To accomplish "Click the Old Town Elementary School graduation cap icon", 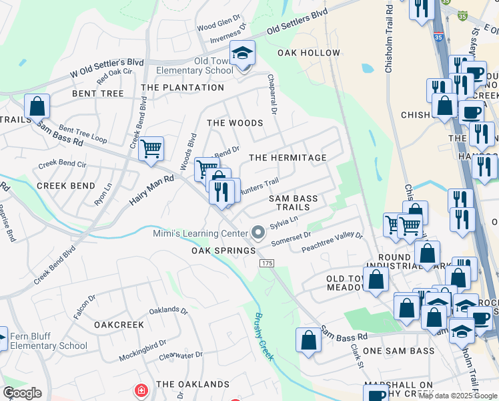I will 242,53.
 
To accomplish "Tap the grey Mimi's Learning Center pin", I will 258,233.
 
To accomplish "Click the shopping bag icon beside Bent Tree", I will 37,106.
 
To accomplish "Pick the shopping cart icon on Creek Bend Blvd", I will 151,148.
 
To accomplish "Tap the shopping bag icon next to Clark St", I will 308,340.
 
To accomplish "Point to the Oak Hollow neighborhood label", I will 309,53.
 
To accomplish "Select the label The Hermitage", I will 288,158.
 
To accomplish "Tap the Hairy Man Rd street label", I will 151,189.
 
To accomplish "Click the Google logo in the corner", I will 22,393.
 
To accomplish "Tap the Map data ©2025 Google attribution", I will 457,396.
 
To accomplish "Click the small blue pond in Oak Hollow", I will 368,68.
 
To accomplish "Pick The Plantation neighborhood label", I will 183,88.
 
